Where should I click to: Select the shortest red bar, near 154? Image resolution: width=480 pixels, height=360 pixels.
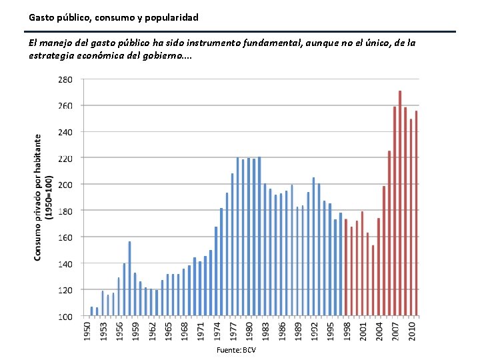373,280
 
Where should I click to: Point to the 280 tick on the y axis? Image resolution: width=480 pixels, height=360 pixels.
65,79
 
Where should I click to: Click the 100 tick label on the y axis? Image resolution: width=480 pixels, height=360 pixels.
65,317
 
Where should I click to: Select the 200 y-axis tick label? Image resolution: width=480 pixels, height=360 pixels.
65,185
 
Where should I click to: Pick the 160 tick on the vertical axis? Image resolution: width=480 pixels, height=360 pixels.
65,237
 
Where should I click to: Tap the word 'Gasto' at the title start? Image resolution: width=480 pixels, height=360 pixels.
41,16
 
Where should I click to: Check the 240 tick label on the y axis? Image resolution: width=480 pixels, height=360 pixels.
65,132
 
